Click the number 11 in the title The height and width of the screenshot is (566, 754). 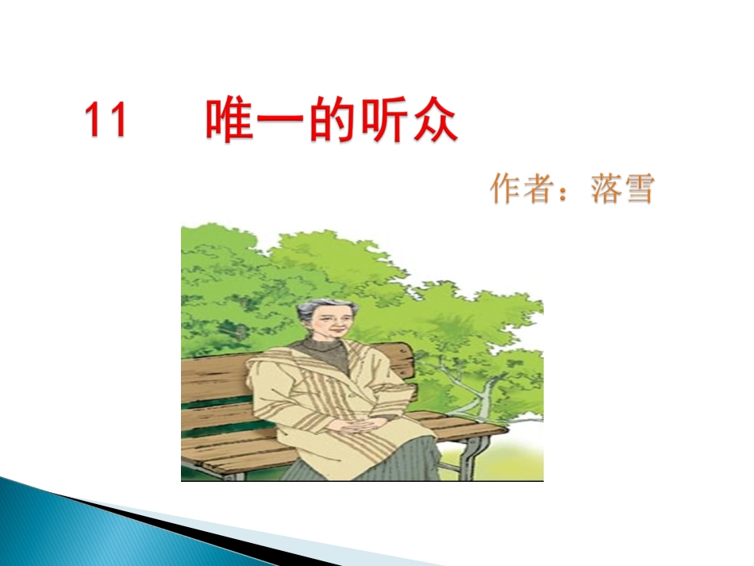tap(106, 121)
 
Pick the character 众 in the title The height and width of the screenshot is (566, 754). tap(436, 121)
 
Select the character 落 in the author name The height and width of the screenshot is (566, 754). tap(606, 188)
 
